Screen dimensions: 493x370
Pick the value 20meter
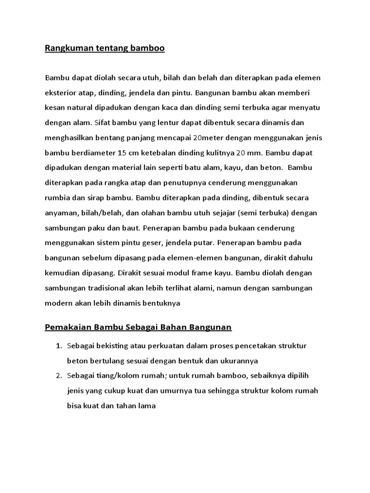(x=208, y=138)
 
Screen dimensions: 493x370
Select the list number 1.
(x=58, y=346)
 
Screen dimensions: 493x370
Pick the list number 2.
(x=58, y=376)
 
